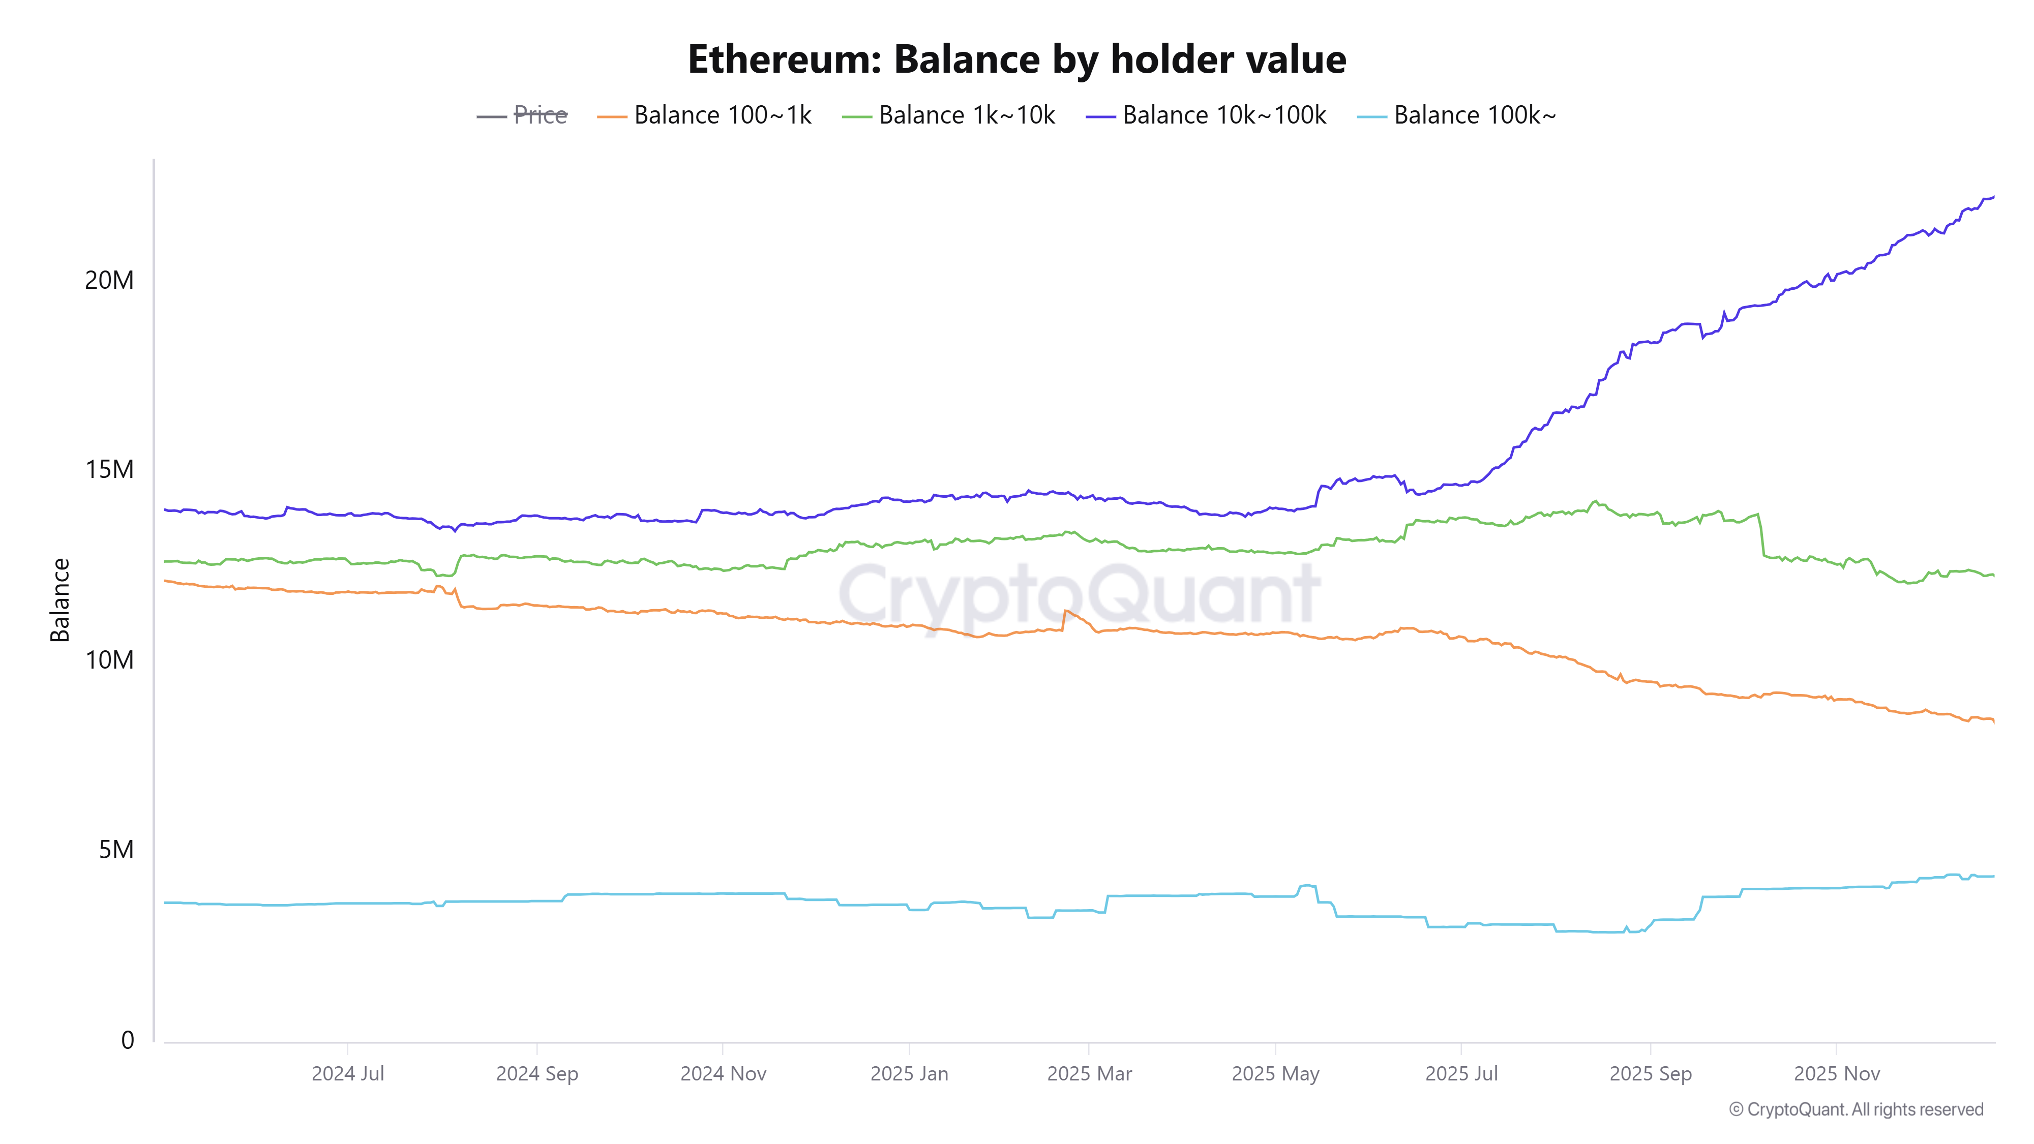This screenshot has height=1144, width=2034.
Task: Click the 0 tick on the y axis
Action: [x=127, y=1041]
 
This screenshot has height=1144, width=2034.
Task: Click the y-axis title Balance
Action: [x=60, y=600]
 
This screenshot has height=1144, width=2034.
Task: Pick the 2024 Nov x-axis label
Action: [x=723, y=1074]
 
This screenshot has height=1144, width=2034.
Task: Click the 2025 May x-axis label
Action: [x=1275, y=1074]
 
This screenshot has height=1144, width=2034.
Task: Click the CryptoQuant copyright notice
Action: [x=1856, y=1109]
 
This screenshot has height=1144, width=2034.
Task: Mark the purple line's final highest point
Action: [x=1993, y=197]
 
